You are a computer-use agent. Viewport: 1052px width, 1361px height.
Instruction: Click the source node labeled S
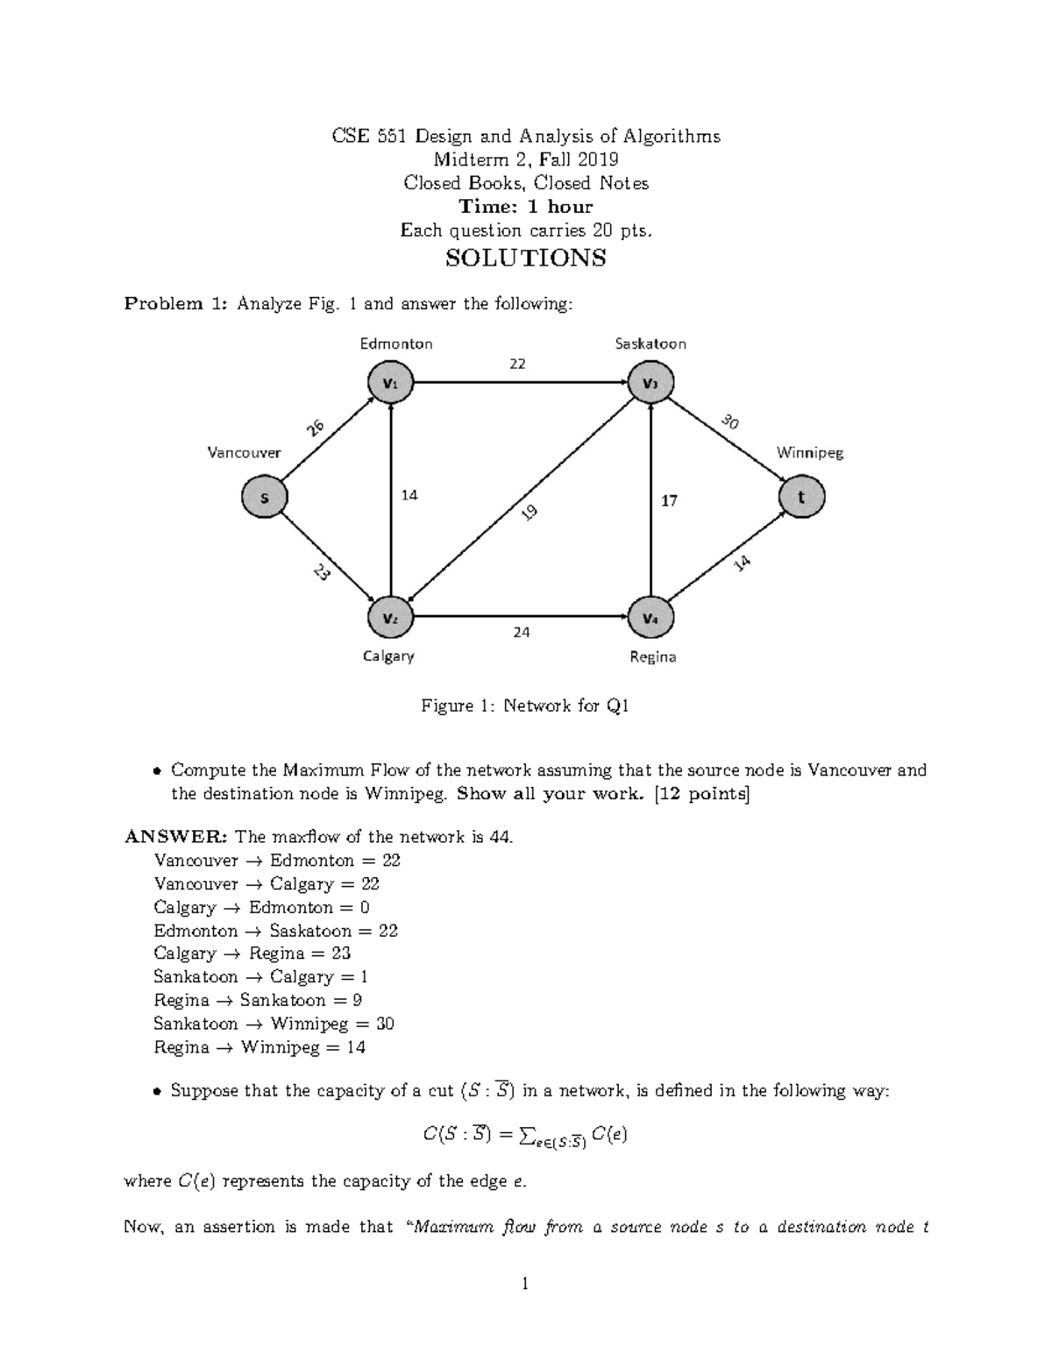coord(264,497)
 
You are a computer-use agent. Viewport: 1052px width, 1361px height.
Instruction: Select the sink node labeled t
coord(800,497)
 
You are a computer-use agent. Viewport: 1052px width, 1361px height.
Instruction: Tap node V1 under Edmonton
coord(390,383)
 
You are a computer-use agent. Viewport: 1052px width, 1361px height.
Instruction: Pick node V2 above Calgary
coord(390,618)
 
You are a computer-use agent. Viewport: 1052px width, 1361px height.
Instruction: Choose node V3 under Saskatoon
coord(650,383)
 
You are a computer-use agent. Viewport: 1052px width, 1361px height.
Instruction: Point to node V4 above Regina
coord(650,618)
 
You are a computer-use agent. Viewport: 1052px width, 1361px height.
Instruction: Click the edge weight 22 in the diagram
coord(517,364)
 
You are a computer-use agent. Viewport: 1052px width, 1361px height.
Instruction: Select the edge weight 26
coord(315,428)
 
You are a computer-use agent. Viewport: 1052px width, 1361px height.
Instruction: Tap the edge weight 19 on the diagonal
coord(530,514)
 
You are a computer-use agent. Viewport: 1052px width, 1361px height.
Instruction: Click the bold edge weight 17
coord(669,500)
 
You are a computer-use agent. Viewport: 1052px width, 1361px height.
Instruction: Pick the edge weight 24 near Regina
coord(522,632)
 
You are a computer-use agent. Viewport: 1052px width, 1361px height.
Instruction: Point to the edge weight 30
coord(730,422)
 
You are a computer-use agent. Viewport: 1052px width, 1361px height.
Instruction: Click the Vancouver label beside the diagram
coord(244,452)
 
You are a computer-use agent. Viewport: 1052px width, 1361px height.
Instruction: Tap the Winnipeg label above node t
coord(809,453)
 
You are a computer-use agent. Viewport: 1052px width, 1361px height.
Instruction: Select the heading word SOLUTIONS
coord(525,258)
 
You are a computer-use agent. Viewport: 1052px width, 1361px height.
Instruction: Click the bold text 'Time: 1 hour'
coord(526,207)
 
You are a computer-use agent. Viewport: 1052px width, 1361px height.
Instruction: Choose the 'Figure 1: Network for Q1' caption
coord(525,705)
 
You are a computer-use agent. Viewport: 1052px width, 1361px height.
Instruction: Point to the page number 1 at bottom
coord(525,1285)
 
